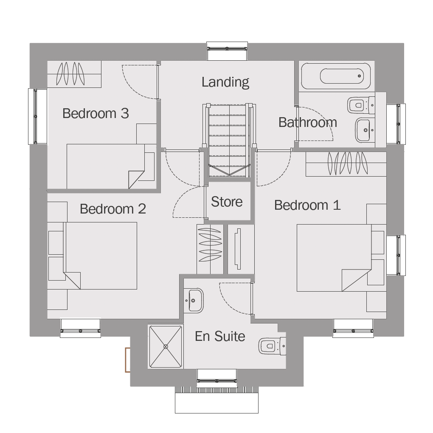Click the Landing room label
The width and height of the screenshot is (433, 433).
coord(225,82)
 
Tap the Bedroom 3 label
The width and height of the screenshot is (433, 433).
coord(96,113)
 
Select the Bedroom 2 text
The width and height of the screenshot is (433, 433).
coord(113,209)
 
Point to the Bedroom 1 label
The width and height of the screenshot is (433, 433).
coord(307,205)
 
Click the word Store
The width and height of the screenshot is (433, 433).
coord(227,202)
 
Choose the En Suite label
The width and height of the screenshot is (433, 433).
coord(220,336)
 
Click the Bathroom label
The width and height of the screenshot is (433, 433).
coord(308,122)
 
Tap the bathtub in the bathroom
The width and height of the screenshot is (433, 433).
coord(336,76)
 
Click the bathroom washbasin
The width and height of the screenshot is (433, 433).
coord(365,130)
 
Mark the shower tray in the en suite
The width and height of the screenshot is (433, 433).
coord(166,346)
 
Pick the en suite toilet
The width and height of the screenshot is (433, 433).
coord(272,346)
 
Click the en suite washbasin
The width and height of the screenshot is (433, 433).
coord(194,301)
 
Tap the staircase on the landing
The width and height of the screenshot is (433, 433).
coord(229,140)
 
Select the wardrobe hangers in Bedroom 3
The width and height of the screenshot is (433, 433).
coord(70,74)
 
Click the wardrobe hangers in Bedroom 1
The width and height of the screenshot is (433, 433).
coord(348,163)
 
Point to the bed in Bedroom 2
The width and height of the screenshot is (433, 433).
coord(100,256)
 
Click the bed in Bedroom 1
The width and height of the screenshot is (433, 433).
coord(334,258)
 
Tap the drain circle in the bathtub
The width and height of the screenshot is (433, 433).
coord(359,76)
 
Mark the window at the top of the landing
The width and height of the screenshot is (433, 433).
coord(227,51)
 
